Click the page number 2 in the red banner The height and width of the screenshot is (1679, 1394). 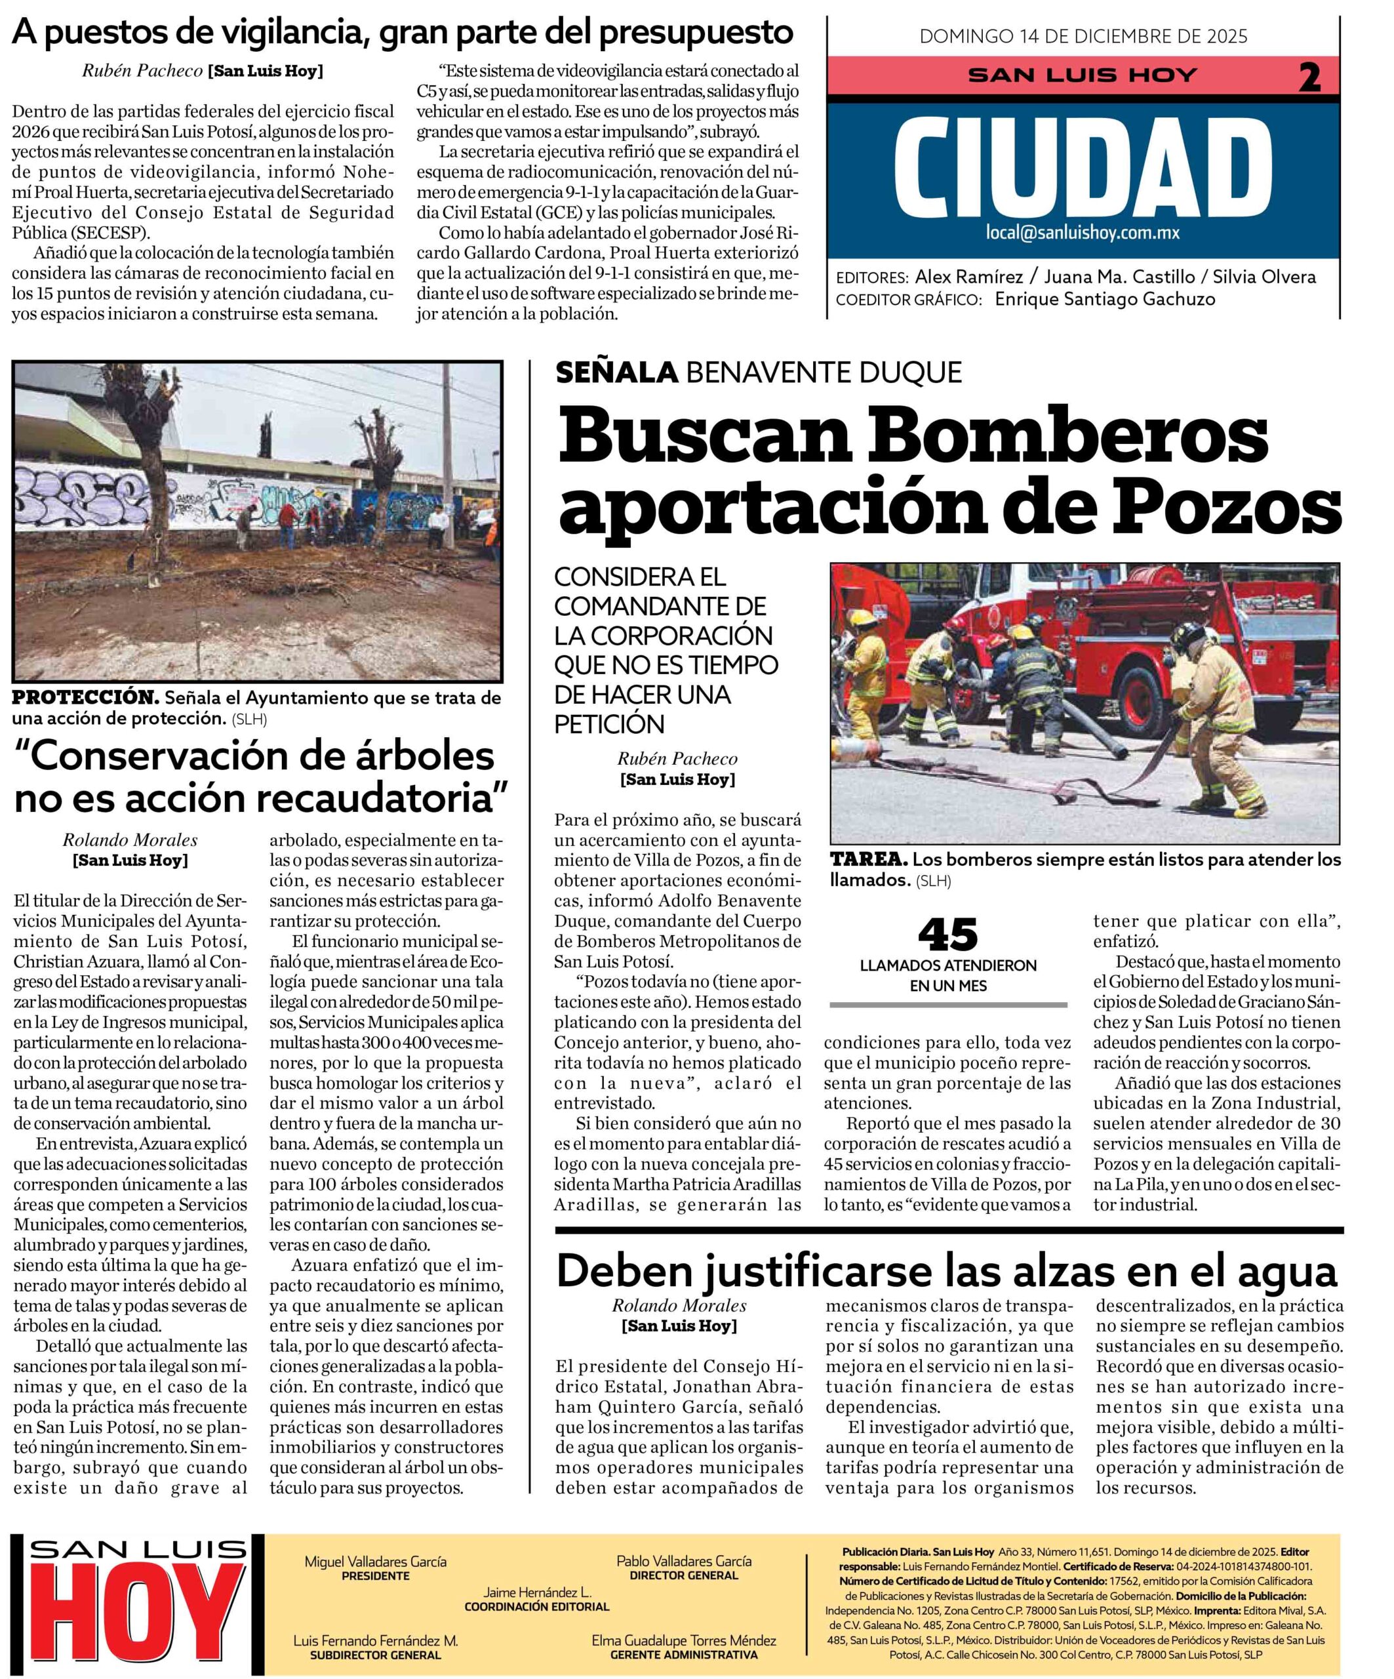(x=1309, y=77)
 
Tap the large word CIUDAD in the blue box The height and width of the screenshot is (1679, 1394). (x=1083, y=169)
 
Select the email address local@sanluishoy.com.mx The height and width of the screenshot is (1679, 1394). (x=1083, y=233)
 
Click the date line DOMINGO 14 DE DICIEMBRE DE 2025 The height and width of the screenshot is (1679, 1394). (x=1083, y=36)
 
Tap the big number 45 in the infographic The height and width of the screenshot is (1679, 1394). (x=947, y=934)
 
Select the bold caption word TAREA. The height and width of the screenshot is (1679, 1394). (x=868, y=859)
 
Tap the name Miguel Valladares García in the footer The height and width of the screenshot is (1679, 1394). (x=375, y=1562)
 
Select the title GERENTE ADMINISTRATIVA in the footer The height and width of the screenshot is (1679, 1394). (x=683, y=1654)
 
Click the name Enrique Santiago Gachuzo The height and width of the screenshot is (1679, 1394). (x=1105, y=299)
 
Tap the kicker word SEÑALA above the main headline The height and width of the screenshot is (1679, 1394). (x=616, y=372)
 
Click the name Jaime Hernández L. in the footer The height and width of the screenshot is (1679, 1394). (x=536, y=1592)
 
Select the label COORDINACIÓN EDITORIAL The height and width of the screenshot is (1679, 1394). (x=536, y=1606)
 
